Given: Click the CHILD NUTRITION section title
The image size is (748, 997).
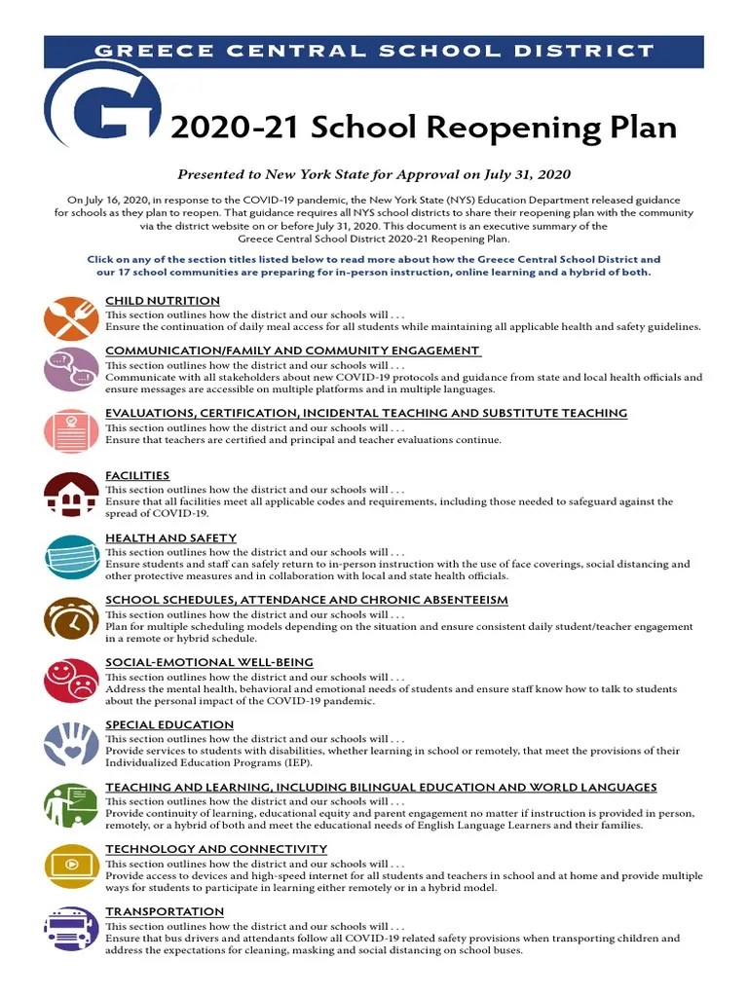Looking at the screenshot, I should coord(163,301).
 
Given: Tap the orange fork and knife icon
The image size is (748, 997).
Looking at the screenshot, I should coord(71,318).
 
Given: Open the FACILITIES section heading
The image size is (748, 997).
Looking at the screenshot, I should coord(137,475).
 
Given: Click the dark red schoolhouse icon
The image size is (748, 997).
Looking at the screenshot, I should coord(71,494).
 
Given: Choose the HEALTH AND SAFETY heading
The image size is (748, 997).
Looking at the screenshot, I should coord(170,537).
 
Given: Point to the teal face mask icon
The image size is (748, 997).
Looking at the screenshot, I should coord(71,556).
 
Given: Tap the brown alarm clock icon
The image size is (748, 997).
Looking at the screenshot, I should coord(71,618).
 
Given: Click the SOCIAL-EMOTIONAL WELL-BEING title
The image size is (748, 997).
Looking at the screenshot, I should coord(209,662).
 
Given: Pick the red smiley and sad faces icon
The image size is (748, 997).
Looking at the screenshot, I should coord(71,681).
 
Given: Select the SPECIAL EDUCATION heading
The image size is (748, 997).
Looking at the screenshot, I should coord(169,724).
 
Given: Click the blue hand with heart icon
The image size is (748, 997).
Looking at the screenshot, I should coord(71,743).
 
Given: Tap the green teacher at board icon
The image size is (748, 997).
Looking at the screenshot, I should coord(71,805).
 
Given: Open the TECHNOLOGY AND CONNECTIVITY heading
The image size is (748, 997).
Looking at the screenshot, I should coord(216,849).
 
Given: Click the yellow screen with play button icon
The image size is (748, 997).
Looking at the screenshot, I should coord(71,867).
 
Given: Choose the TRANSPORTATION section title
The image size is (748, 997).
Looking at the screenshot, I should coord(165,911).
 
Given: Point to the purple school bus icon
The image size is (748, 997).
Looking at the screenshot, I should coord(71,929).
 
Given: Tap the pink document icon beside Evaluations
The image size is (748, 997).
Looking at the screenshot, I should coord(71,431).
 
